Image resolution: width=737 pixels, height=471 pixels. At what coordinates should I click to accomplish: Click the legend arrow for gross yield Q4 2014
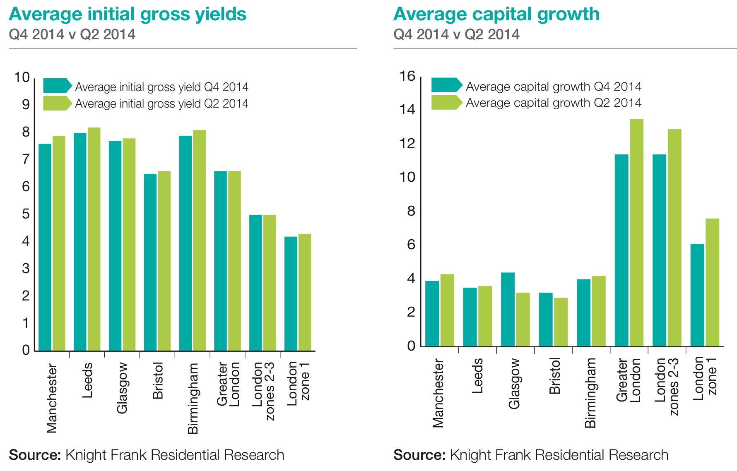58,86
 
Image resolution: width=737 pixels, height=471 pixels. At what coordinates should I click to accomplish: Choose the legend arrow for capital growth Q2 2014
446,102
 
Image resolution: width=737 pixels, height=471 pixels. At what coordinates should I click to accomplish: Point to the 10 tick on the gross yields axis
22,77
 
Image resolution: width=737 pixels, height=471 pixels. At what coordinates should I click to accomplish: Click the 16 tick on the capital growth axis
407,76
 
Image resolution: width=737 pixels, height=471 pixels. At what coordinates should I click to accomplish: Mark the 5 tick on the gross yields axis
26,214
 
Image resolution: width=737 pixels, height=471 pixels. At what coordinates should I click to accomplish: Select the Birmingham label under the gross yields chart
193,398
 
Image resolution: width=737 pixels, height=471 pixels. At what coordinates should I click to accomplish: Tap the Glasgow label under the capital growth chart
514,384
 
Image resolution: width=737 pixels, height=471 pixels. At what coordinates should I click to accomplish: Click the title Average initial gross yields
128,14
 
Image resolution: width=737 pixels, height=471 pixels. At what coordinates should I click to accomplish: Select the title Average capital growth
496,14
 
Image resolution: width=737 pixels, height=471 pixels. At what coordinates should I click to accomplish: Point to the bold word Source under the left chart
35,455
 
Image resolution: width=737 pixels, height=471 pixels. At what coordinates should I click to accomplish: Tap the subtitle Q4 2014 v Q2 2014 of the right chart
456,34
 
